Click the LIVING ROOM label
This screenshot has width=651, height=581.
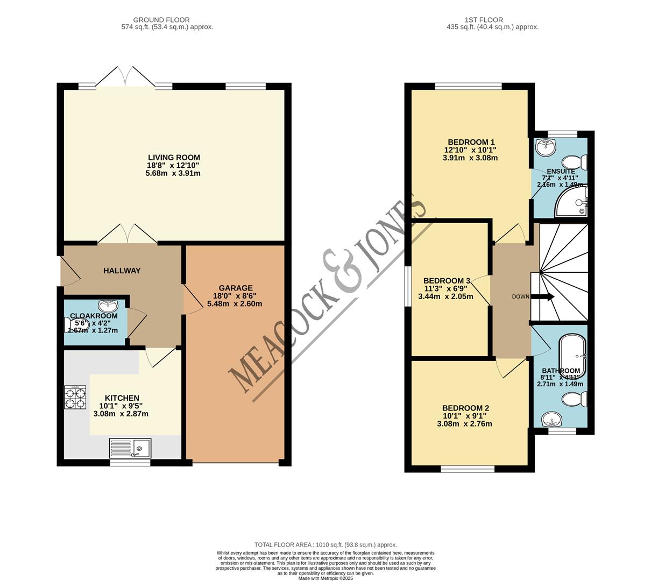[174, 158]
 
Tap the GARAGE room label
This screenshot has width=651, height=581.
[235, 288]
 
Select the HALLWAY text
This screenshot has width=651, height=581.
[122, 271]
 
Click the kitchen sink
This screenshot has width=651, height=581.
[130, 447]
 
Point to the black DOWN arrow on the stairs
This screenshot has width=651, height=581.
[542, 296]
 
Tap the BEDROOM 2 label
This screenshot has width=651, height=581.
[465, 408]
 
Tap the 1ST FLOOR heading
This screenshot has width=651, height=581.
[492, 20]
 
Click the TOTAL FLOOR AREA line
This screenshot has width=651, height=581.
[325, 544]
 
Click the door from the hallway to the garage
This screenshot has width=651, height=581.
[189, 300]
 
